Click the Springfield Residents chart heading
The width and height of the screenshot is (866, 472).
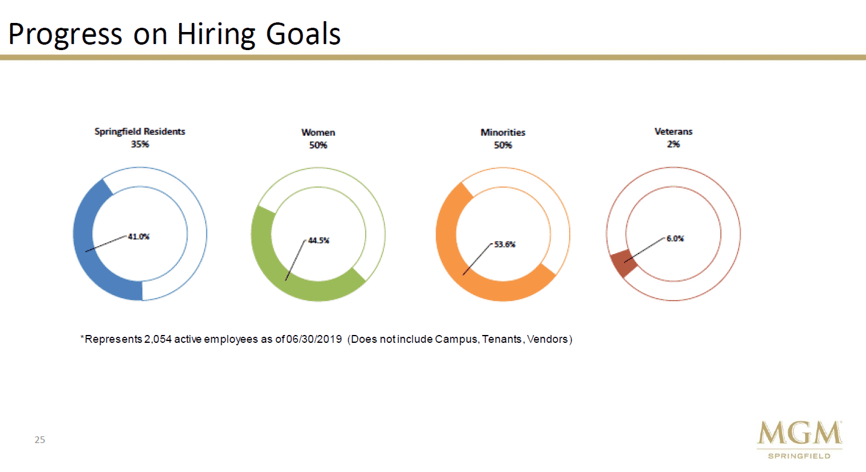[x=140, y=132]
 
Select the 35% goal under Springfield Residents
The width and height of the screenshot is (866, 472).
[x=140, y=144]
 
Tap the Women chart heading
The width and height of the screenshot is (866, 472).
[x=318, y=132]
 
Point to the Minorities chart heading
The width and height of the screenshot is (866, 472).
[x=503, y=132]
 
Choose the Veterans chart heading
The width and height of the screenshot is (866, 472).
[x=673, y=132]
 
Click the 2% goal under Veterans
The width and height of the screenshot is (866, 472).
[x=673, y=144]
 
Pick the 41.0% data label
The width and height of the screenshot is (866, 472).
[x=138, y=237]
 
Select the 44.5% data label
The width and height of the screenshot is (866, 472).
[x=319, y=240]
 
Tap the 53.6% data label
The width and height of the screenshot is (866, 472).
[x=505, y=244]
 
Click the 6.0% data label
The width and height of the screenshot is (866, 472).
[x=675, y=238]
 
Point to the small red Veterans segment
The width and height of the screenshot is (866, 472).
[x=623, y=263]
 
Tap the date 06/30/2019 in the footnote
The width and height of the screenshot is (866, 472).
[x=314, y=339]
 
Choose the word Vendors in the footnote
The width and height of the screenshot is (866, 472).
[x=547, y=339]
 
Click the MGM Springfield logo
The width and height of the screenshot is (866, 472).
[x=800, y=439]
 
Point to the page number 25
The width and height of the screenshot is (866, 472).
[x=40, y=440]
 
